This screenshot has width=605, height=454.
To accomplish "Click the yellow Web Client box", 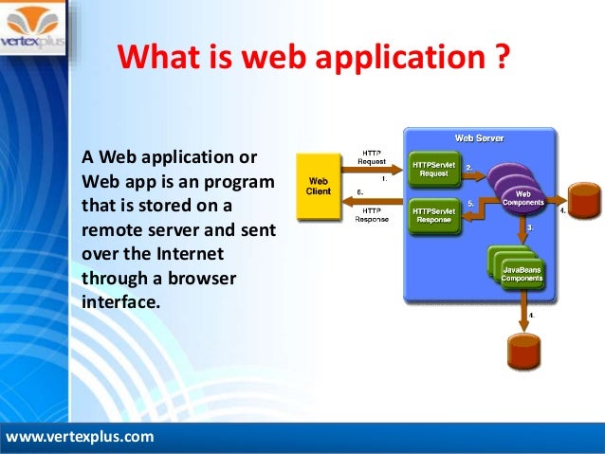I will [318, 186].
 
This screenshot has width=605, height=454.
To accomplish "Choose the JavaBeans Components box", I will [522, 274].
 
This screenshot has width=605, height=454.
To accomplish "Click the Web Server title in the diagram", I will [479, 138].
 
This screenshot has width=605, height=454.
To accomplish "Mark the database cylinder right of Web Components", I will [584, 201].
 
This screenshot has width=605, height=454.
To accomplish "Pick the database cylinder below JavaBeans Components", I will [525, 351].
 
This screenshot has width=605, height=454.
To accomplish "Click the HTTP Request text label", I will [372, 156].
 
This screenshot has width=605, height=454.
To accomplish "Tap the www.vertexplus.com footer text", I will [80, 437].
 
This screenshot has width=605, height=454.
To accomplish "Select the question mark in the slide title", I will [502, 58].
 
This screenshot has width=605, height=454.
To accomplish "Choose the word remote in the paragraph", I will [111, 229].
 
